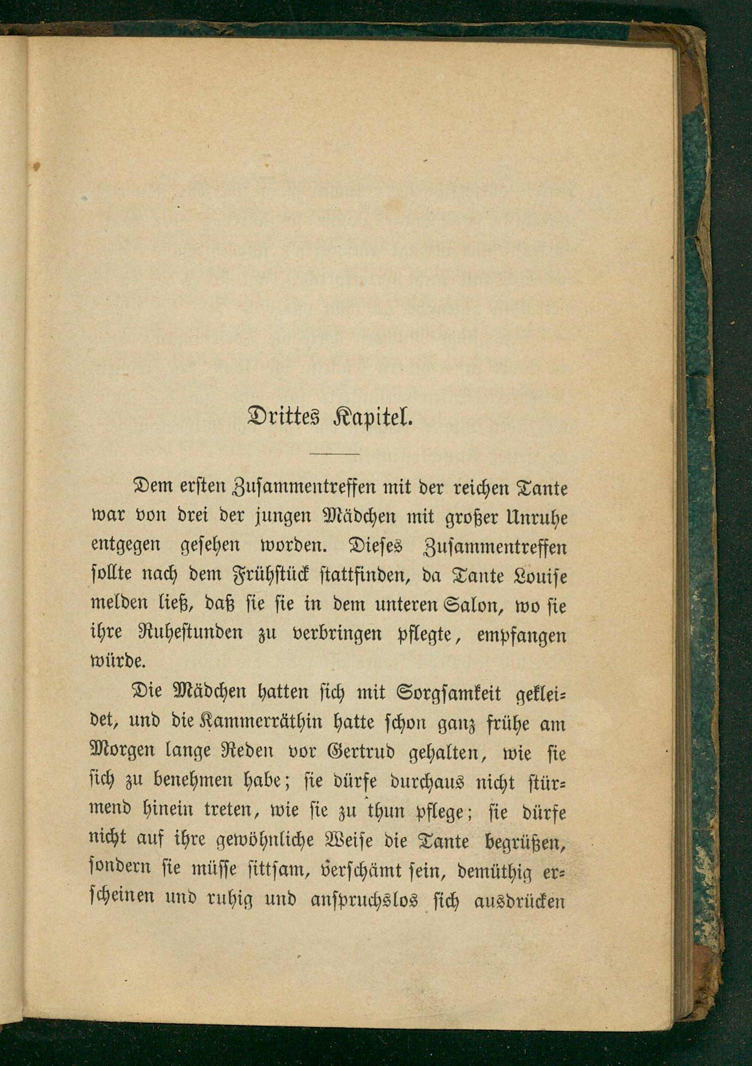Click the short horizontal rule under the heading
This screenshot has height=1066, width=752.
pyautogui.click(x=334, y=453)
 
